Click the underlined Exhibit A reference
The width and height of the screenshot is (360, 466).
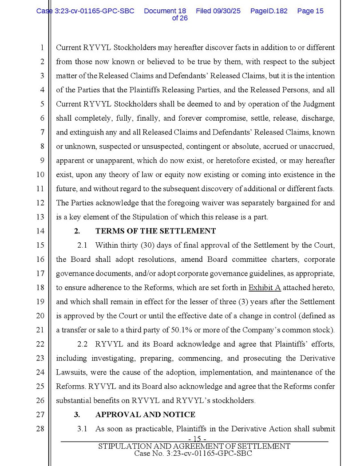[x=265, y=288]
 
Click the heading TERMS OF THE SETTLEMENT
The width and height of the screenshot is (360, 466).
[x=155, y=231]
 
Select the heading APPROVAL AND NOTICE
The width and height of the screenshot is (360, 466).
[x=145, y=415]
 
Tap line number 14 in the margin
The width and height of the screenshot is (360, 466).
[x=40, y=231]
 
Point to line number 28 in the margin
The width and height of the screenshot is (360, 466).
[x=40, y=429]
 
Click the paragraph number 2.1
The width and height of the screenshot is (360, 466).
[x=82, y=245]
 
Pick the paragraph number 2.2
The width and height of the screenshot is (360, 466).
[x=82, y=344]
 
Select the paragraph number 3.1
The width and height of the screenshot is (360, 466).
[x=82, y=429]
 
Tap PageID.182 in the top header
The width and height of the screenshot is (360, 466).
[x=269, y=11]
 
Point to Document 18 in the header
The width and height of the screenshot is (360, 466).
[x=165, y=11]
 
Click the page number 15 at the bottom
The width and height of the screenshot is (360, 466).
[x=194, y=439]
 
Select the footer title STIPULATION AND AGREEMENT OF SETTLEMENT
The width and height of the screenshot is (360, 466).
[x=194, y=446]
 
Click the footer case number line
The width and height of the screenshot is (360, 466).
[x=193, y=454]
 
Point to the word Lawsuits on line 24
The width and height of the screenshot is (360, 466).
[x=70, y=372]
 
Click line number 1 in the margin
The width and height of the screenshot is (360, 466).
[x=42, y=47]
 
